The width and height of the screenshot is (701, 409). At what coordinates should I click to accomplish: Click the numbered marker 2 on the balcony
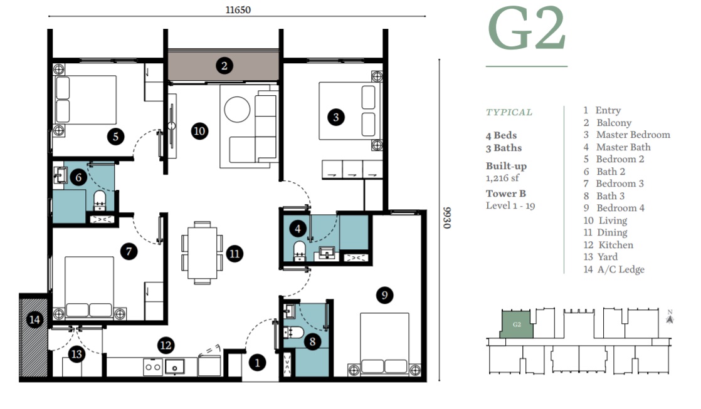pos(223,65)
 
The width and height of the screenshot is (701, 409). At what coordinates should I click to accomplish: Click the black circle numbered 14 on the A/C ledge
pos(34,320)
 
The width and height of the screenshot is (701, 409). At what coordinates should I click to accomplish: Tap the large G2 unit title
pos(526,31)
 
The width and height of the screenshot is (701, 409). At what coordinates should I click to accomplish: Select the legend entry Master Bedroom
pos(632,135)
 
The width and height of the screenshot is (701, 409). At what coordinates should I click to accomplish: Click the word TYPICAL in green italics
pos(509,112)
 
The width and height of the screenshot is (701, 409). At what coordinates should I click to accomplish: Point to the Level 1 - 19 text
pos(510,205)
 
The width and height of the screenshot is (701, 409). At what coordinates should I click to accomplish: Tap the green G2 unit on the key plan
pos(517,324)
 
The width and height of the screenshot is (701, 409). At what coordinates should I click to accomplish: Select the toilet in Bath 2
pos(100,200)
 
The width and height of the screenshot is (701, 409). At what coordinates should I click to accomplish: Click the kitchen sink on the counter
pos(173,366)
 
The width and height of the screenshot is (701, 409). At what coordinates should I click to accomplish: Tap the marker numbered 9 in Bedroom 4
pos(385,294)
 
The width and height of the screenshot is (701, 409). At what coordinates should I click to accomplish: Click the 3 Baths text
pos(503,148)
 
